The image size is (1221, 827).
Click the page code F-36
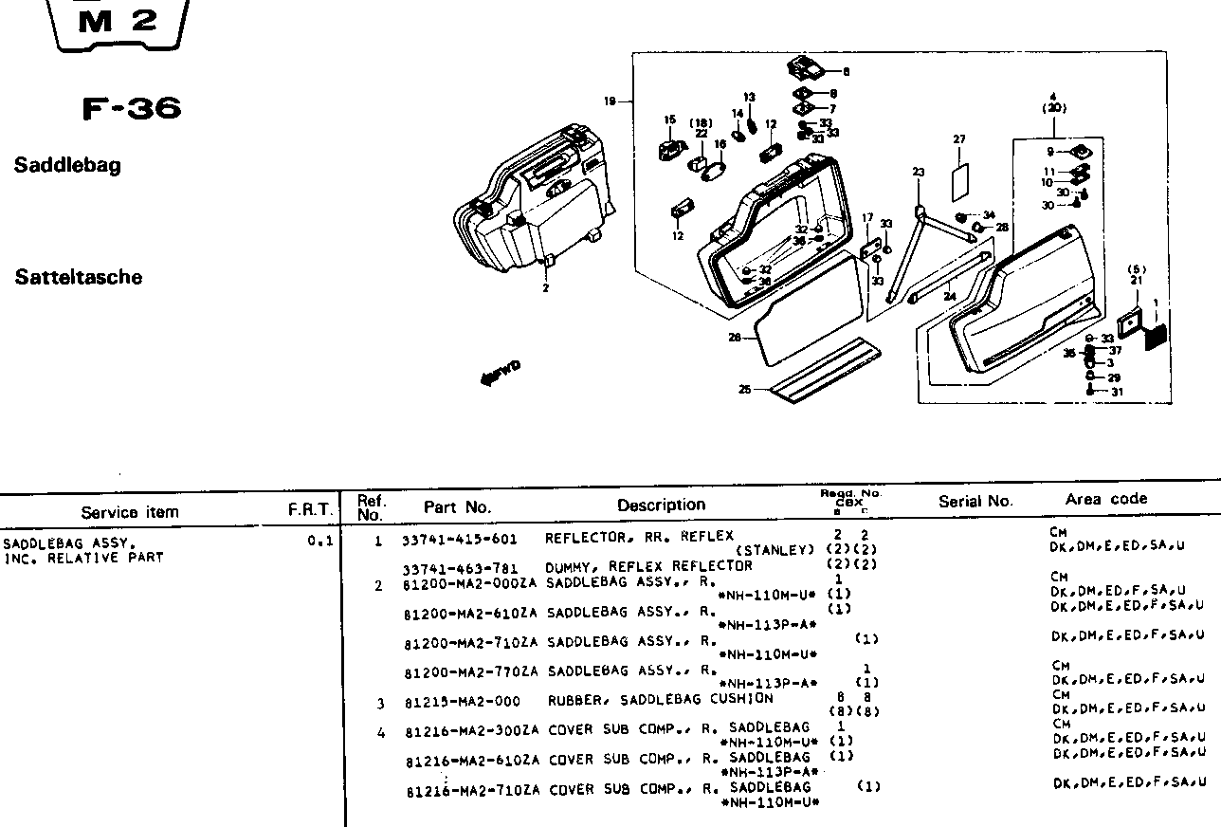click(131, 109)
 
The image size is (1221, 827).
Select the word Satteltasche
click(79, 278)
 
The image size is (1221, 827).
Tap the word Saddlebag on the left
click(67, 166)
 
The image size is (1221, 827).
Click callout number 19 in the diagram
click(610, 101)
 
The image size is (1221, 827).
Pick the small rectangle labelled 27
click(959, 177)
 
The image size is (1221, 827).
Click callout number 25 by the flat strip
click(746, 388)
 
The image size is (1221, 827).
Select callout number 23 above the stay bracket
click(918, 172)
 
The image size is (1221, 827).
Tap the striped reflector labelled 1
click(1157, 336)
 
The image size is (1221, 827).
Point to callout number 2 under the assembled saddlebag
click(545, 288)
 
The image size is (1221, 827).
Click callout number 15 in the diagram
click(669, 120)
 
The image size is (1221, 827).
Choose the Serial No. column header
click(975, 502)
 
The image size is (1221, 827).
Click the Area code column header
click(1105, 499)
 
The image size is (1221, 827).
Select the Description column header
click(661, 505)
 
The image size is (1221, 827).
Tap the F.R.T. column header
click(311, 510)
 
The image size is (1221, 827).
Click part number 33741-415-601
click(460, 540)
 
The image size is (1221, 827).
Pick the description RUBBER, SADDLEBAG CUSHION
click(661, 700)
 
